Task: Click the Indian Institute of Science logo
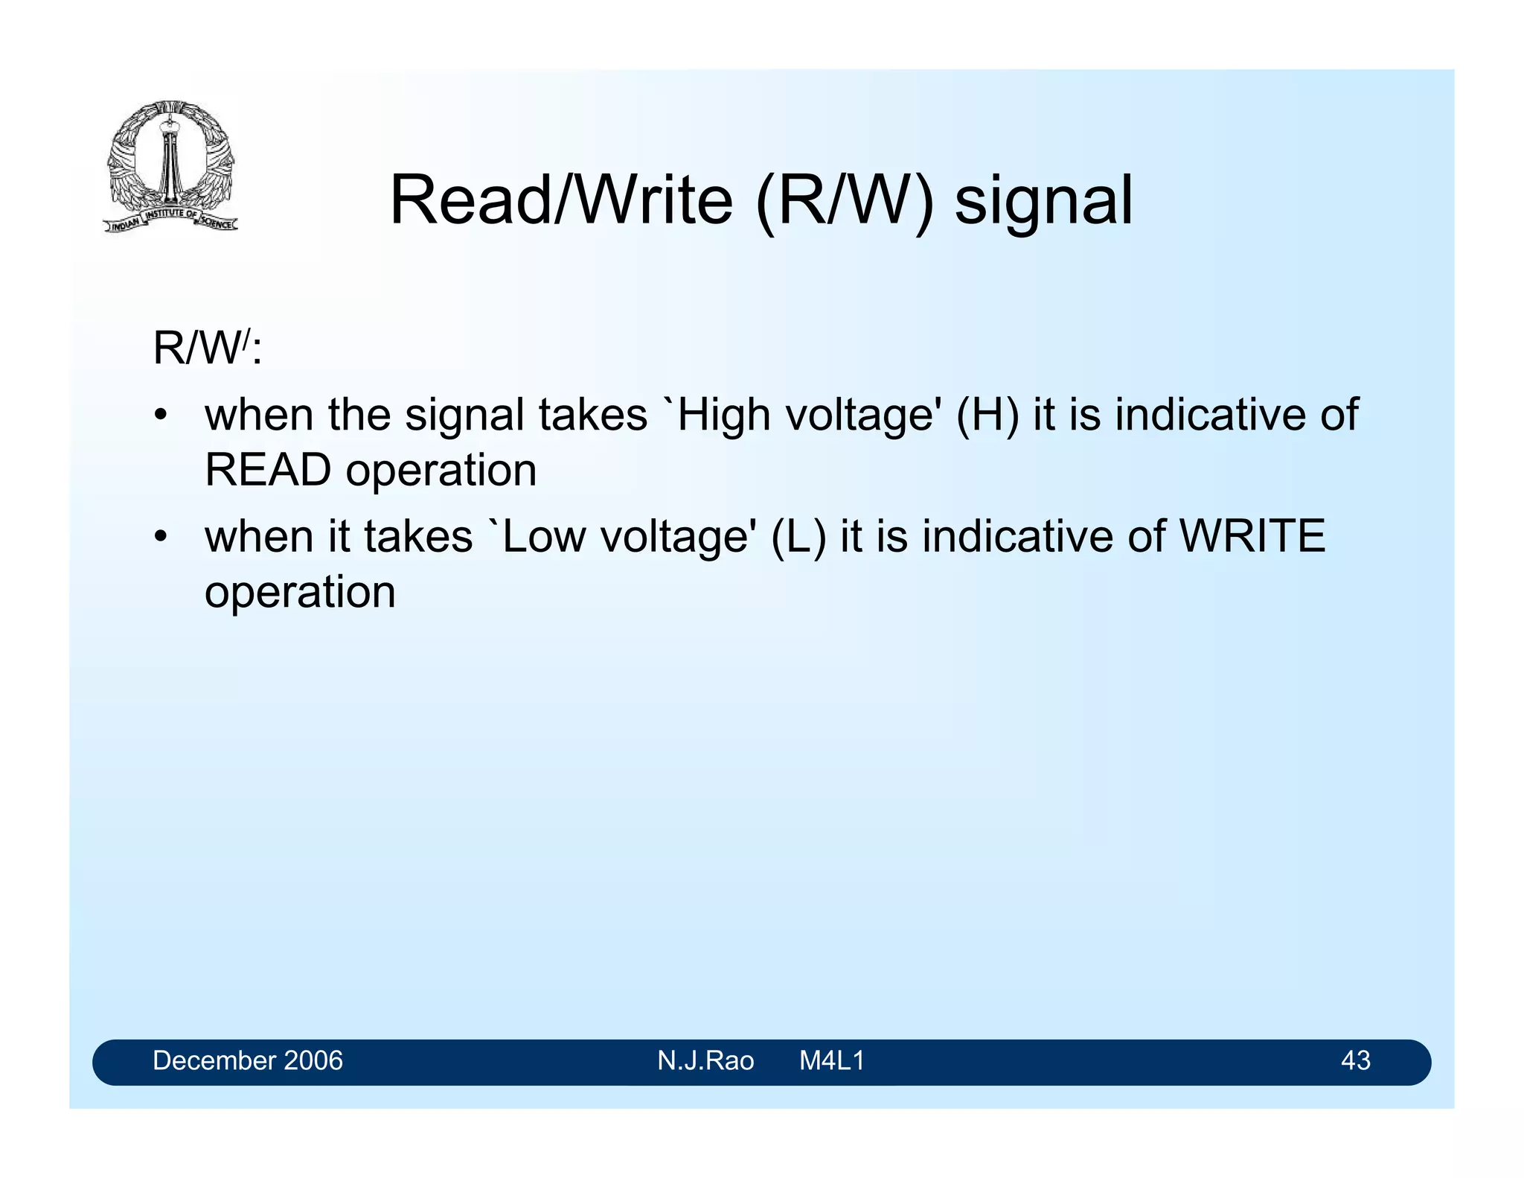click(170, 165)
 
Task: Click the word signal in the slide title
click(1043, 201)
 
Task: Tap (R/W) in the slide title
click(844, 201)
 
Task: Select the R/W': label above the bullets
click(207, 348)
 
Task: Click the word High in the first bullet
click(723, 415)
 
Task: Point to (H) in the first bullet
click(987, 415)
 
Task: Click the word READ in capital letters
click(268, 471)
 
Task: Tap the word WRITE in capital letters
click(1253, 536)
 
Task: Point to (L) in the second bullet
click(798, 536)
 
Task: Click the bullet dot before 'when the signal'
click(160, 416)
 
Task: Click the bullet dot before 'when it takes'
click(160, 537)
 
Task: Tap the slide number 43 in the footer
click(1355, 1060)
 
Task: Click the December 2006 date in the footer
click(248, 1060)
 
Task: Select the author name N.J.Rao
click(705, 1060)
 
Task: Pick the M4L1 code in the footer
click(832, 1060)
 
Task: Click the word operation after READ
click(441, 471)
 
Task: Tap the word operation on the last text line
click(300, 593)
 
